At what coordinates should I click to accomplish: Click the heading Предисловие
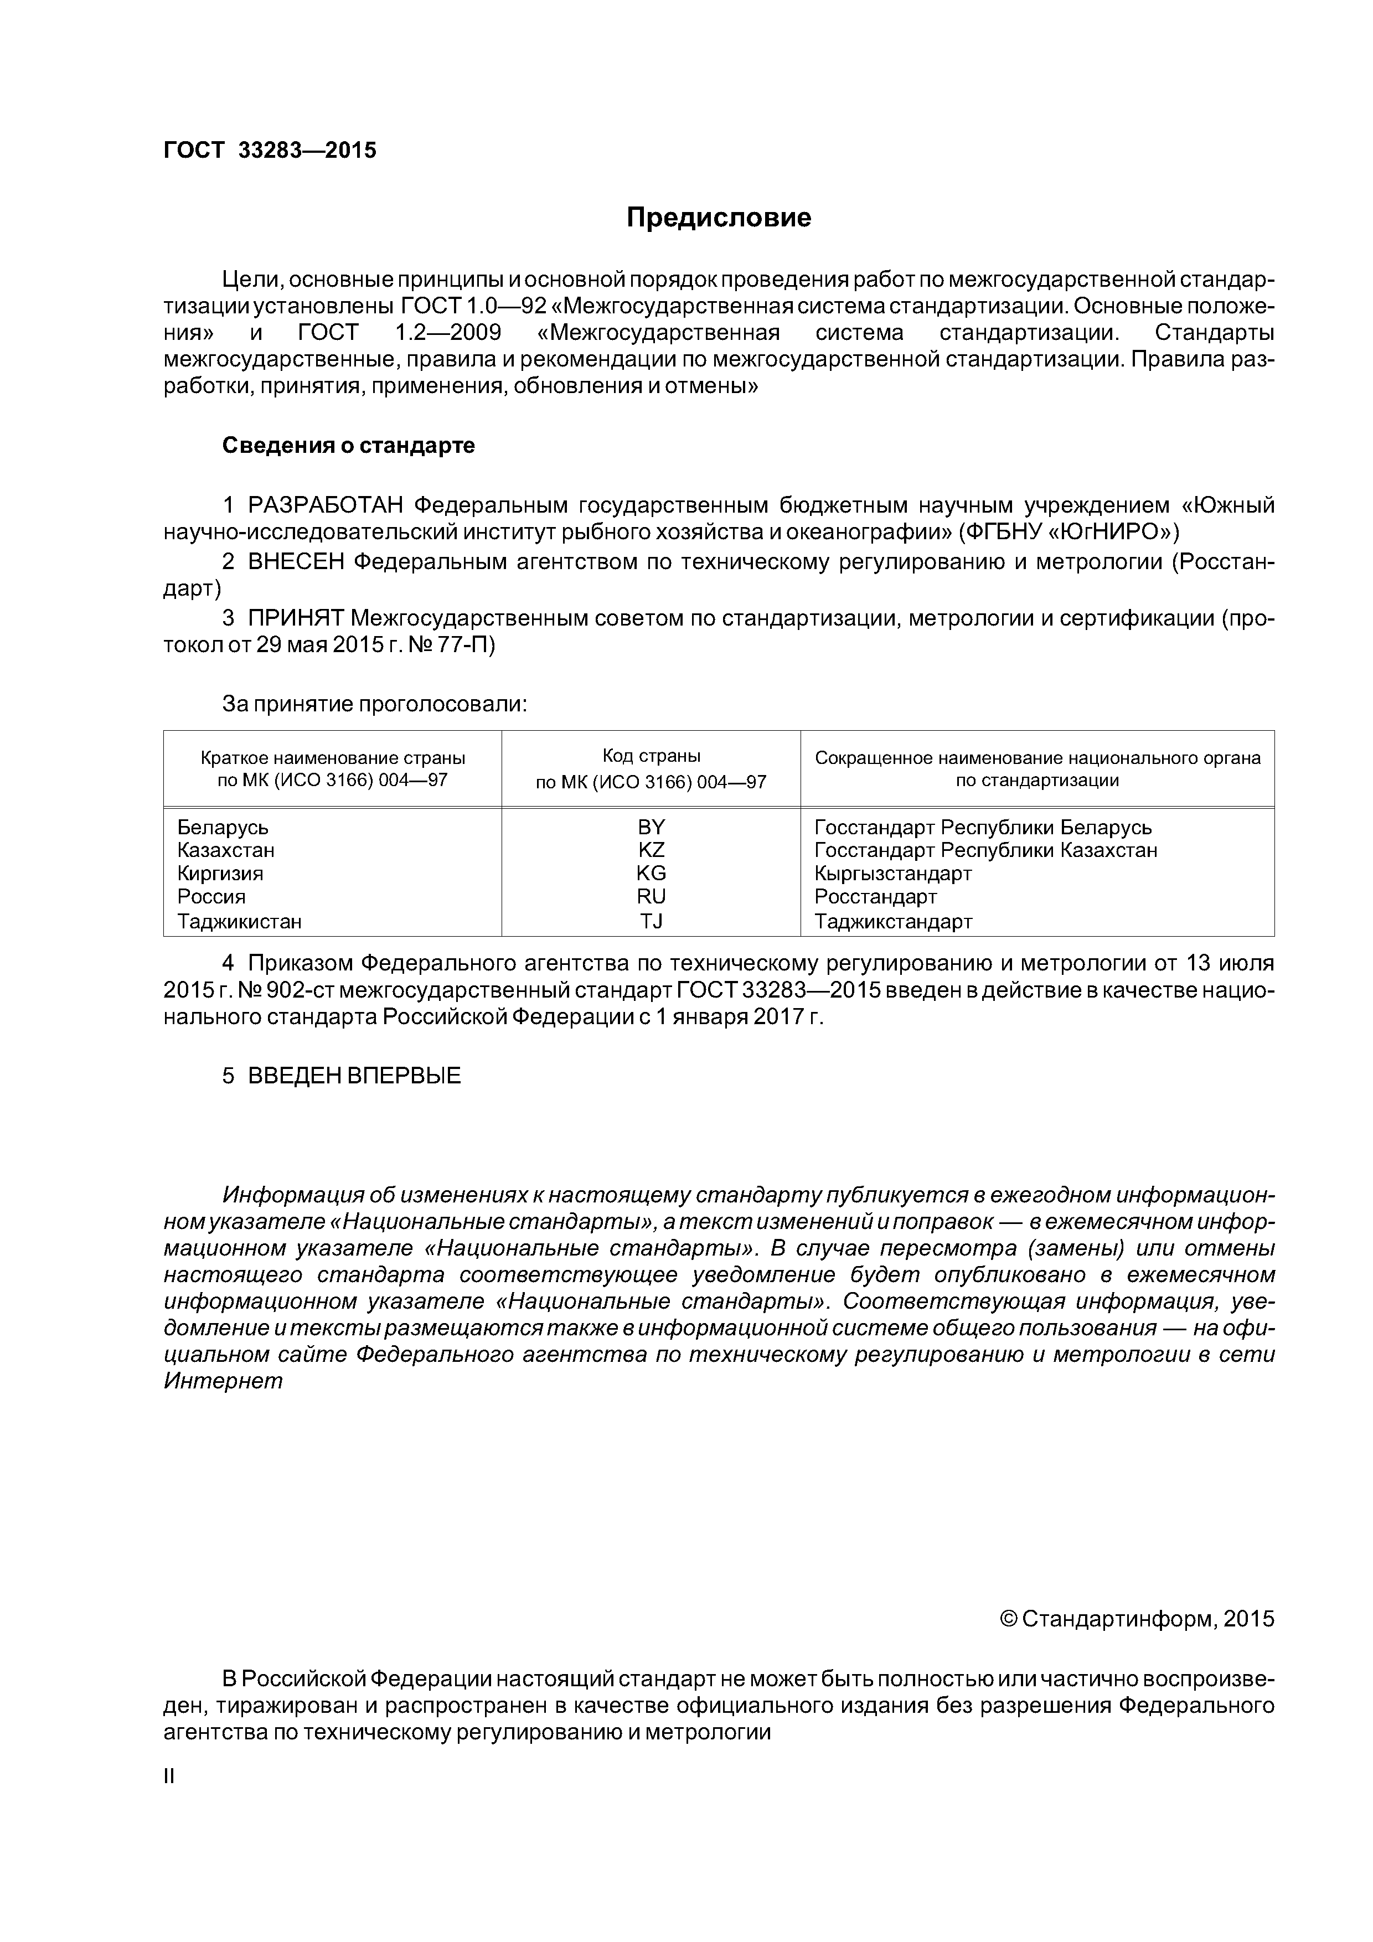(x=718, y=218)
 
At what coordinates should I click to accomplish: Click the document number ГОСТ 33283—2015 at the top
(x=270, y=151)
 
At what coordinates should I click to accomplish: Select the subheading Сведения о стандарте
(x=349, y=446)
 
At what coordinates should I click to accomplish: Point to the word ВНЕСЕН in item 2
(x=296, y=562)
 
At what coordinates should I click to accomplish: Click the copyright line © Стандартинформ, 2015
(x=1136, y=1619)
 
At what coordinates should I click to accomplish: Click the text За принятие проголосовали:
(x=375, y=704)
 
